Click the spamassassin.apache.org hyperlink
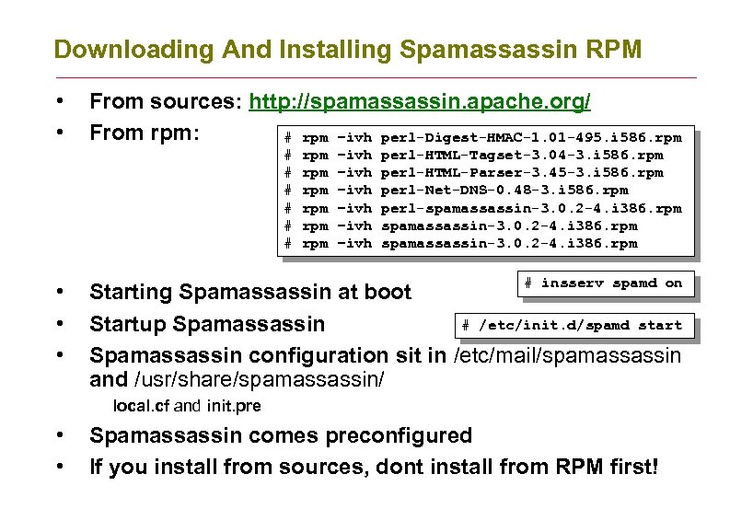421,101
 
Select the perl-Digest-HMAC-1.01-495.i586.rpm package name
530,138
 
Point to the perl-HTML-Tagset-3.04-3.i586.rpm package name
521,156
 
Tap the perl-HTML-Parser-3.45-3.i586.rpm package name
521,173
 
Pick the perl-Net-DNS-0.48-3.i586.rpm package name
504,191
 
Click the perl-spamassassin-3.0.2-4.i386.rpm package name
530,208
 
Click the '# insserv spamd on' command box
603,283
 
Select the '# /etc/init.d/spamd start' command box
572,325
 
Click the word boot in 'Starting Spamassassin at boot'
386,293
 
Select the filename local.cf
142,406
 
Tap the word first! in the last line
631,467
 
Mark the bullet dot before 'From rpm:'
59,133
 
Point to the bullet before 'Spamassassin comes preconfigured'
59,435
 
